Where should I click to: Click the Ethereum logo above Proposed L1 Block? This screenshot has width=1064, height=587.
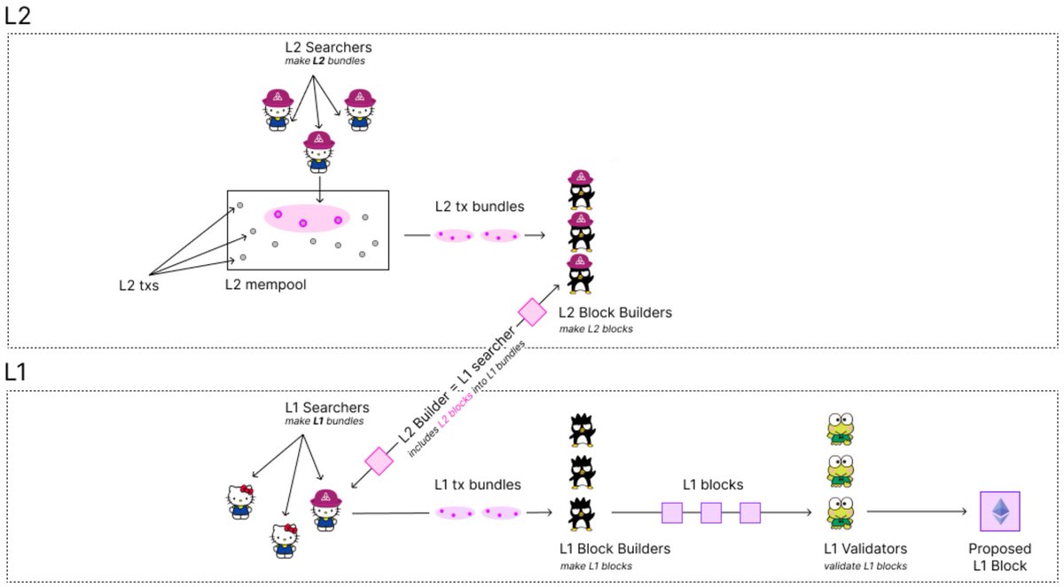coord(999,511)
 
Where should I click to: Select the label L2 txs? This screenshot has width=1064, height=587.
coord(139,286)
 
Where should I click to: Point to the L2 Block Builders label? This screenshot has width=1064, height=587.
coord(614,312)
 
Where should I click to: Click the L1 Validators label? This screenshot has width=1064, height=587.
coord(866,549)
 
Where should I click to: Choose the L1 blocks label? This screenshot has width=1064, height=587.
coord(712,485)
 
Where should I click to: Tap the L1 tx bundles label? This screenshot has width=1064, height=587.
coord(477,485)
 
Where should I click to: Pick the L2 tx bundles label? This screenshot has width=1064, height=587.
coord(479,207)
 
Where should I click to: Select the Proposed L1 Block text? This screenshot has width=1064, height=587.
coord(999,557)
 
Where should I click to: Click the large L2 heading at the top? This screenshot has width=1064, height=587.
coord(20,16)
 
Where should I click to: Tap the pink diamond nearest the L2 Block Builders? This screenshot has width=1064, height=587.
coord(532,312)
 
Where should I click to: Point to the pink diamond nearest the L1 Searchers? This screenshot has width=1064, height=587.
coord(379,461)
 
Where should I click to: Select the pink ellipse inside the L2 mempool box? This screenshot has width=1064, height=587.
coord(307,218)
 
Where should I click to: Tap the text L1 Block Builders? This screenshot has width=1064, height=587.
coord(614,549)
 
